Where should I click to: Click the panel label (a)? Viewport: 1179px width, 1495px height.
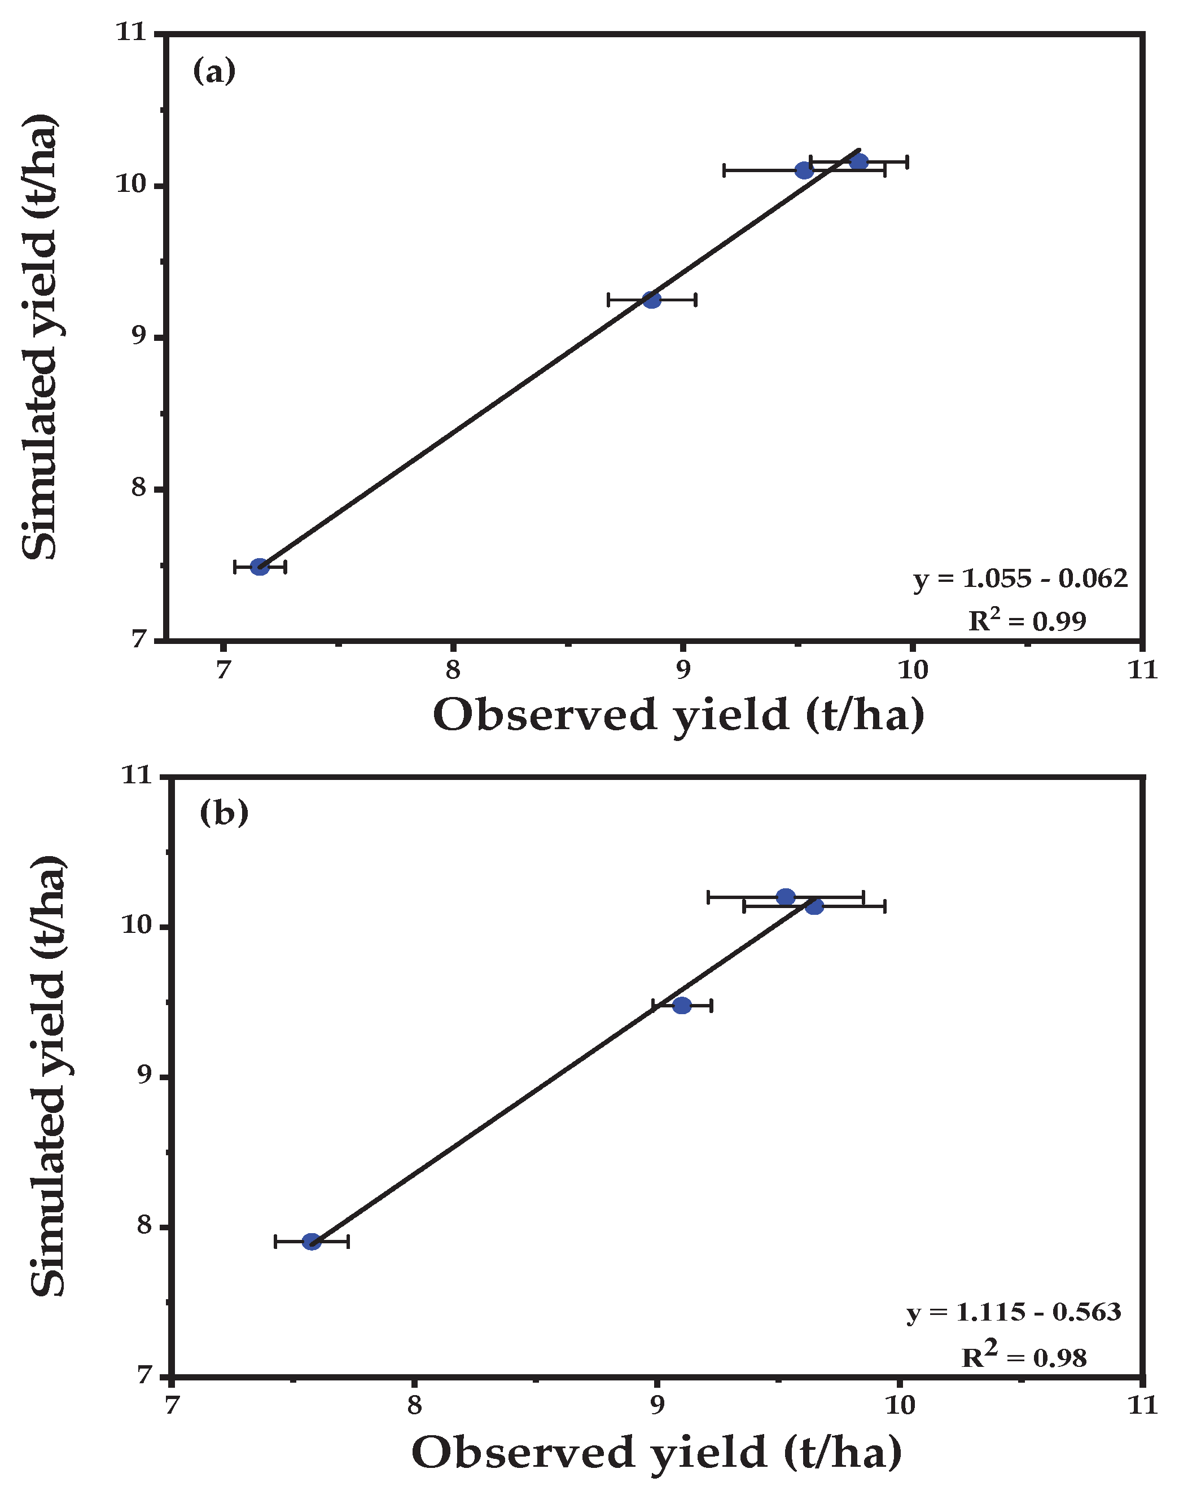pyautogui.click(x=214, y=71)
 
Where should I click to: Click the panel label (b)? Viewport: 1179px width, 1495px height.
pyautogui.click(x=223, y=813)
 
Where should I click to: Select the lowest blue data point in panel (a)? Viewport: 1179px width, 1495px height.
pyautogui.click(x=260, y=567)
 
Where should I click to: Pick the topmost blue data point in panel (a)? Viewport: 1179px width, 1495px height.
pyautogui.click(x=858, y=161)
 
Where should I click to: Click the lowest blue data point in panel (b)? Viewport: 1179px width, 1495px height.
pyautogui.click(x=312, y=1242)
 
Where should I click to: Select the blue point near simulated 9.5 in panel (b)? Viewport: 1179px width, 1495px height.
pyautogui.click(x=682, y=1005)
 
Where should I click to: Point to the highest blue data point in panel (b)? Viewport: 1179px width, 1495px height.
pyautogui.click(x=786, y=897)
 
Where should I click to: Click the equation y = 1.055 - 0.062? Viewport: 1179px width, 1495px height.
pyautogui.click(x=1020, y=578)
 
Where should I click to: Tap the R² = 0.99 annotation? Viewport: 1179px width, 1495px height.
pyautogui.click(x=1027, y=620)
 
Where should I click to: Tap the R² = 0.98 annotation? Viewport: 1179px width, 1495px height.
pyautogui.click(x=1024, y=1357)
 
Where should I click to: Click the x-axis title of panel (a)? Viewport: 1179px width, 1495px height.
pyautogui.click(x=678, y=715)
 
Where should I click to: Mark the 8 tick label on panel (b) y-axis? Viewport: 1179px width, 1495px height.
pyautogui.click(x=143, y=1225)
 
